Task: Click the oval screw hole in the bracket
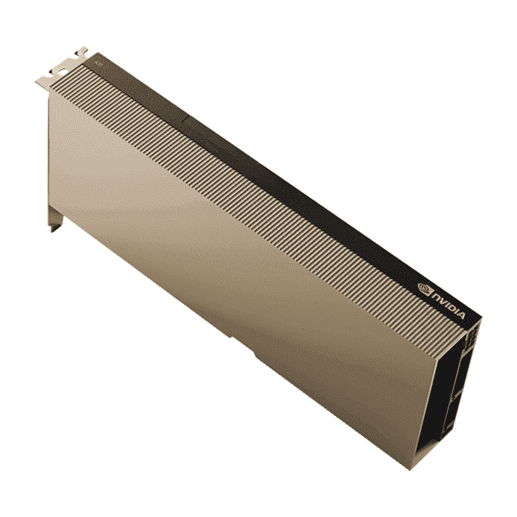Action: point(59,71)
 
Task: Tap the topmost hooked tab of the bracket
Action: point(81,51)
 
